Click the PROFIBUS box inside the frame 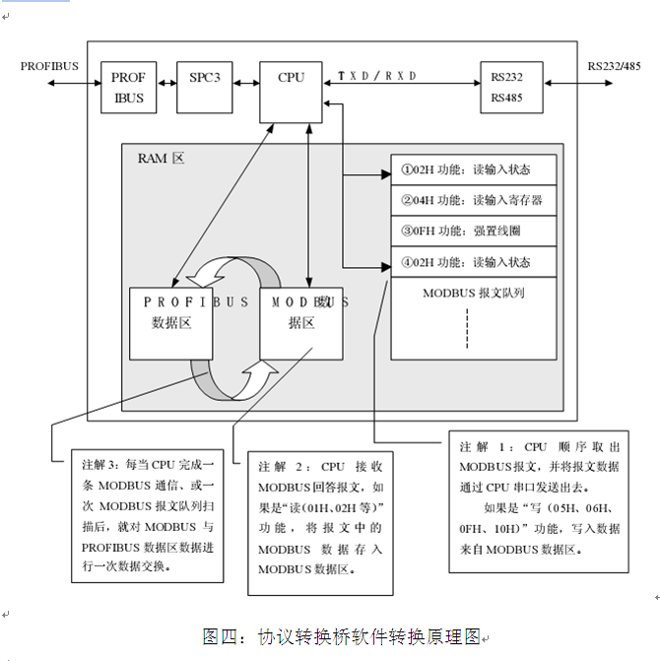coord(129,88)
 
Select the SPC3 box coord(202,77)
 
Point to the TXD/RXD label coord(377,76)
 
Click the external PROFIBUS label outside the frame coord(49,66)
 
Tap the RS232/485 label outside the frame coord(619,66)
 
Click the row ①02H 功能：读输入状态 coord(474,168)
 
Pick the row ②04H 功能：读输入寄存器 coord(474,200)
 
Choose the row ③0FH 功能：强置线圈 coord(474,231)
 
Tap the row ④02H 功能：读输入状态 coord(474,262)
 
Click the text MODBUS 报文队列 coord(473,293)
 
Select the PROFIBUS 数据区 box coord(171,322)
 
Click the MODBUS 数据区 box coord(301,322)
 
